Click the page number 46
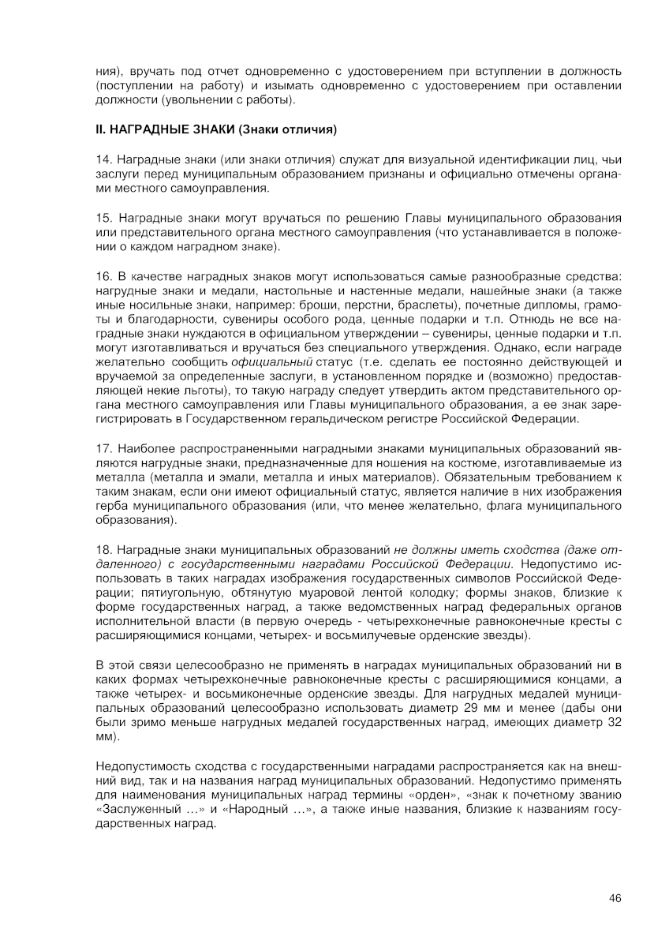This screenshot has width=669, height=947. coord(616,897)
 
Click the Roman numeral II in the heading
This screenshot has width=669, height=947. coord(99,129)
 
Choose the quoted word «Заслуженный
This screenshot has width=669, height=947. coord(131,810)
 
